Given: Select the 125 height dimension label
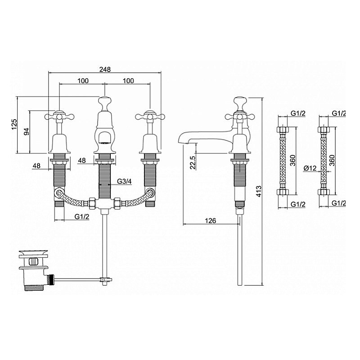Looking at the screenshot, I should tap(14, 125).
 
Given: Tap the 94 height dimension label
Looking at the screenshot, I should tap(27, 131).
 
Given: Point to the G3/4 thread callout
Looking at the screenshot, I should tap(124, 181).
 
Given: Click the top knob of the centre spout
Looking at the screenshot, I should tap(105, 100).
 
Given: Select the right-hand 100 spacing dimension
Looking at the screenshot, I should tap(128, 81).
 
